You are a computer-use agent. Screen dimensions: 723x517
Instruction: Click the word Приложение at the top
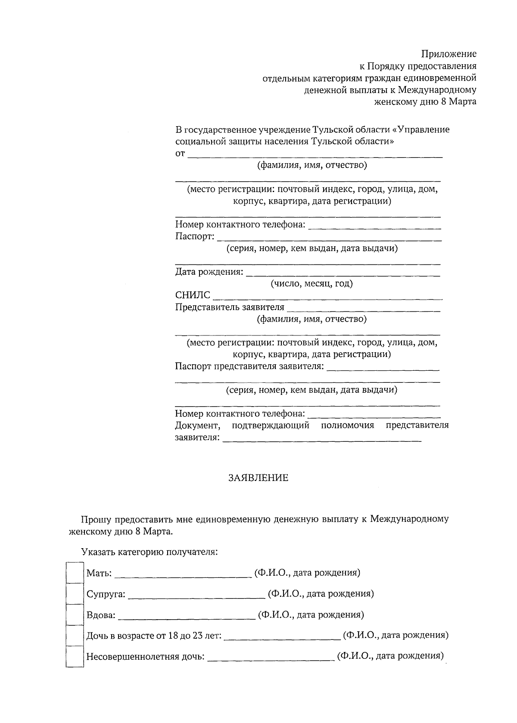[448, 54]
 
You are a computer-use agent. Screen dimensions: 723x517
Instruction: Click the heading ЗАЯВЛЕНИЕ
[258, 478]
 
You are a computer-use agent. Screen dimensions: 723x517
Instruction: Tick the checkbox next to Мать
[74, 573]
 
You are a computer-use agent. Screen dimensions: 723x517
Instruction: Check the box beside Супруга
[74, 594]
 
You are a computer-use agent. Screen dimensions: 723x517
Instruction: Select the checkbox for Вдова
[74, 614]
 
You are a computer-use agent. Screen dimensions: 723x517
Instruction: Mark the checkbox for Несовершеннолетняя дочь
[74, 656]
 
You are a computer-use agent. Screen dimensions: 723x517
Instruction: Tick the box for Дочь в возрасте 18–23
[74, 635]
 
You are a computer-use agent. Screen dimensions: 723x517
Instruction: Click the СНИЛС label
[193, 295]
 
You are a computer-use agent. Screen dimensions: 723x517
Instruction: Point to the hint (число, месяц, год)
[311, 284]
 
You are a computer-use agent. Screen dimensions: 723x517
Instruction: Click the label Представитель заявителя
[230, 307]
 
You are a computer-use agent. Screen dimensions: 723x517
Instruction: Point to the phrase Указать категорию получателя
[149, 552]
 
